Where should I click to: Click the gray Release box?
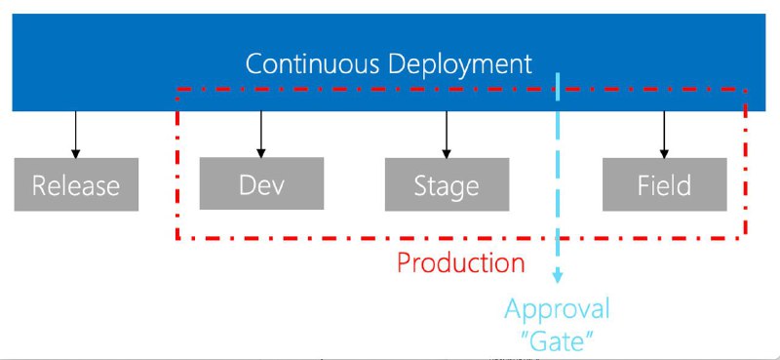coord(76,184)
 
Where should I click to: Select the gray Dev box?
coord(261,183)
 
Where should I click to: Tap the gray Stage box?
coord(447,184)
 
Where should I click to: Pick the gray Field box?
coord(665,184)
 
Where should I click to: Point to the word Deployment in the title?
coord(460,65)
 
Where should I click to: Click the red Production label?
coord(460,262)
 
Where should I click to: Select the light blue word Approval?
coord(557,309)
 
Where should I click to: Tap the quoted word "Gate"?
coord(557,341)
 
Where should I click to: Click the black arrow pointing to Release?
coord(76,135)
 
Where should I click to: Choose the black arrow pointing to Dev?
coord(260,135)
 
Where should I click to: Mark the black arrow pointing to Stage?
coord(447,135)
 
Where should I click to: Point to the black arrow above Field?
coord(664,135)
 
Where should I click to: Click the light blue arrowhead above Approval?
coord(557,277)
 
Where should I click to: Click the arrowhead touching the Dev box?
coord(260,153)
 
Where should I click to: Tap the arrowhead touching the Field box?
coord(664,153)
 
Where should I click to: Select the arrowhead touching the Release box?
coord(76,153)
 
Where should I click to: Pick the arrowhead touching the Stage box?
coord(447,153)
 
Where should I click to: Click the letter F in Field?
coord(643,185)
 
